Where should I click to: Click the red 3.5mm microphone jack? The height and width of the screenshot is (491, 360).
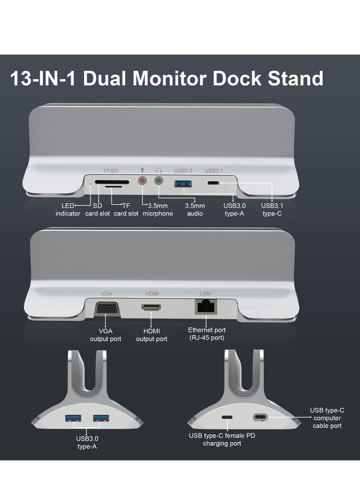click(x=143, y=180)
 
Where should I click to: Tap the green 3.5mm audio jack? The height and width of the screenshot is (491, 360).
click(x=158, y=180)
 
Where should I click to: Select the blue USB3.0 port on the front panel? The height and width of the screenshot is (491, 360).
click(x=184, y=182)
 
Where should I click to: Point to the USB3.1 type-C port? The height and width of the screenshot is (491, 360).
click(x=213, y=183)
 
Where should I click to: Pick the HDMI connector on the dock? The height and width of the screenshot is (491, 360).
click(x=152, y=308)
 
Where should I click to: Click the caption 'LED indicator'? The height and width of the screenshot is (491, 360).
click(x=68, y=210)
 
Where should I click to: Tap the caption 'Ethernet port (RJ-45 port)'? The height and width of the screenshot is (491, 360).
click(x=207, y=334)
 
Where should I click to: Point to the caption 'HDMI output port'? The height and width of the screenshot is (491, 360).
click(x=152, y=335)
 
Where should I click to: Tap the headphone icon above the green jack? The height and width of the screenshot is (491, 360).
click(x=158, y=171)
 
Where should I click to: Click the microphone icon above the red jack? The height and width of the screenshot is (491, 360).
click(x=143, y=171)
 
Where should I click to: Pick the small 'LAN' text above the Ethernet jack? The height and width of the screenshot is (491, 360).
click(x=205, y=294)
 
